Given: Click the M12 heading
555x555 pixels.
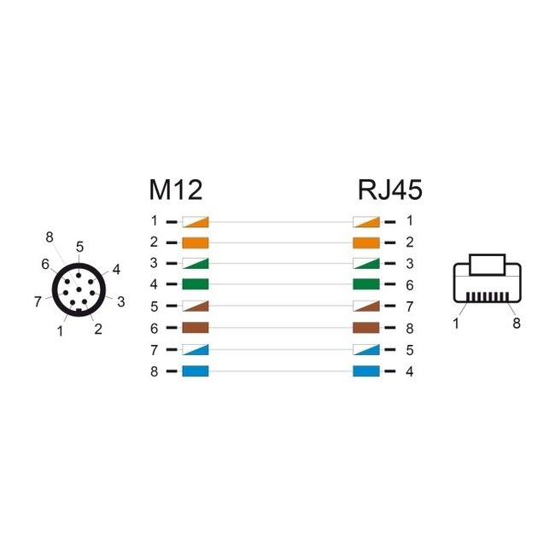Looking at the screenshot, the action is coord(175,190).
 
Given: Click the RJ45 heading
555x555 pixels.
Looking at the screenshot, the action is coord(390,190).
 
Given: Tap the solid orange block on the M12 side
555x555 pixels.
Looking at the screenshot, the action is coord(196,242).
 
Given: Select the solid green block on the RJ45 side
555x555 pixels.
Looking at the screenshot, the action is coord(366,284).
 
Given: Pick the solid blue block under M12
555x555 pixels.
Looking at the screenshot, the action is coord(196,371).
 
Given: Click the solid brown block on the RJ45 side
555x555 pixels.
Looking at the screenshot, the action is coord(366,328).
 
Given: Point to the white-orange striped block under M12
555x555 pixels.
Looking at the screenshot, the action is coord(196,220).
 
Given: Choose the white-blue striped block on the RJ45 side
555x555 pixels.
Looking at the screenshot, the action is coord(366,350).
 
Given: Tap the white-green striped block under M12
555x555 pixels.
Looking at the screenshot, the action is coord(196,263).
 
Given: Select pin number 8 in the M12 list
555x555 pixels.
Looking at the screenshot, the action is coord(154,371).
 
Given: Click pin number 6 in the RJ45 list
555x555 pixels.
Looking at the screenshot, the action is coord(410,284).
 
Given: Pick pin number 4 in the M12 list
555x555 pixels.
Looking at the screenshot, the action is coord(154,284).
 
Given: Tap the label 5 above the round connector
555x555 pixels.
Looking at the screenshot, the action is coord(79,247).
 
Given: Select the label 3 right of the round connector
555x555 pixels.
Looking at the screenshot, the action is coord(120,301).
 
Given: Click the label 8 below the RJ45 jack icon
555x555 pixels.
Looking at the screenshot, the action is coord(517,324).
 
